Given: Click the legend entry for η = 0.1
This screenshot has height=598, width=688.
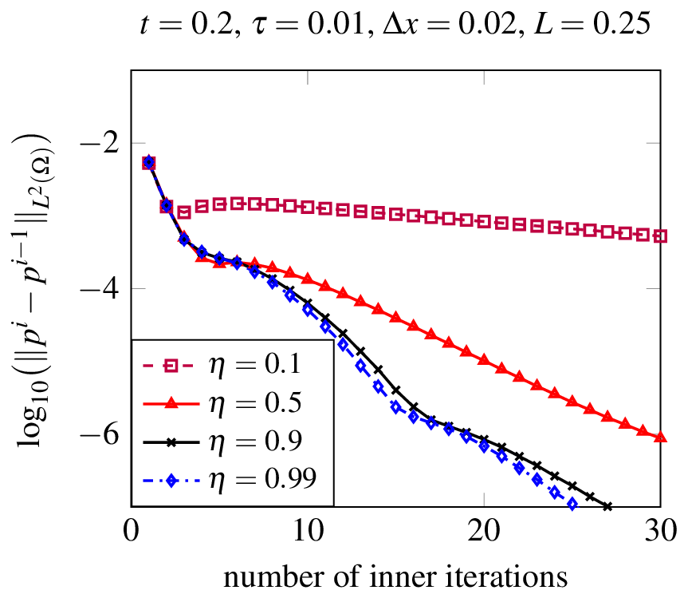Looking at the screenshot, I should click(x=231, y=366).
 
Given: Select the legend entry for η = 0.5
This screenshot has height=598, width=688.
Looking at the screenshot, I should click(x=231, y=403).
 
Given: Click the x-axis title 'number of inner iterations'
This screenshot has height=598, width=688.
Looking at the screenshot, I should click(x=395, y=576).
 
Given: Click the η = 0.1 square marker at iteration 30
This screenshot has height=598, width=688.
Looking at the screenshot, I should click(x=661, y=236).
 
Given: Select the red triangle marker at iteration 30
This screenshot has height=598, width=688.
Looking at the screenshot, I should click(x=661, y=436).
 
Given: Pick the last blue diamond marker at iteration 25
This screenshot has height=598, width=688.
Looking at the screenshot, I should click(x=572, y=504).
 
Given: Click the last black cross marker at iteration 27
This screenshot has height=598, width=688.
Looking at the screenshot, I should click(x=607, y=506).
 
